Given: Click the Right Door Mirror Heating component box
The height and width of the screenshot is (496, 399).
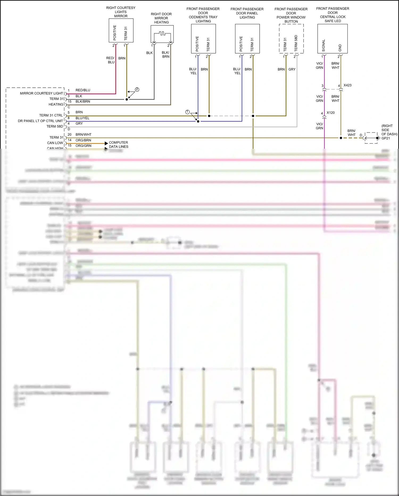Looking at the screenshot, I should (x=162, y=34).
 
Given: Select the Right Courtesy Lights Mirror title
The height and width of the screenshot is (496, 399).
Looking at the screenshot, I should (x=121, y=12).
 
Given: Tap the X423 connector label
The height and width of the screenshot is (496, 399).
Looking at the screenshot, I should (x=347, y=85).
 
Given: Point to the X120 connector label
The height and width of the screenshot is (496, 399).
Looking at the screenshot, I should (x=331, y=113).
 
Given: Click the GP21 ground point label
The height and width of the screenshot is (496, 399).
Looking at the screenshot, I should (x=386, y=138).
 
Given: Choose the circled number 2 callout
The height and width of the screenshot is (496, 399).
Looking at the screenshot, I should (x=137, y=90).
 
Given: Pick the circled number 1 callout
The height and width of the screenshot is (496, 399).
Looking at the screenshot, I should (x=187, y=112).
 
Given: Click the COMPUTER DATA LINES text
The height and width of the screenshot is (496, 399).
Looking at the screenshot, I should (x=119, y=144).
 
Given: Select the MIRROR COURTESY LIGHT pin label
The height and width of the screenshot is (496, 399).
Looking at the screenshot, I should (x=41, y=93).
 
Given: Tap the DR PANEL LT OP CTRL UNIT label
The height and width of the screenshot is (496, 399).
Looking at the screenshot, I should (x=40, y=121).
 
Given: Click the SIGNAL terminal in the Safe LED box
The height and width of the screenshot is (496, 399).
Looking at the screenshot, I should (x=323, y=45).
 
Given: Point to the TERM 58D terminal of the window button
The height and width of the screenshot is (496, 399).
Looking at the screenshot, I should (x=296, y=43).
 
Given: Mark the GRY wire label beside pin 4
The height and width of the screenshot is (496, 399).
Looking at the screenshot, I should (x=79, y=124).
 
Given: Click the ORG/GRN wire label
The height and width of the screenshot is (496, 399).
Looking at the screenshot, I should (x=83, y=146).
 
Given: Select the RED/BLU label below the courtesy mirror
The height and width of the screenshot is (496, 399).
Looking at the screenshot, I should (x=111, y=60).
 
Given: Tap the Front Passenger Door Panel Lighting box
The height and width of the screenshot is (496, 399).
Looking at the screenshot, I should (x=247, y=39).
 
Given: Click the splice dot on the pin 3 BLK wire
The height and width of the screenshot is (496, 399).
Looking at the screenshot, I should (x=127, y=99).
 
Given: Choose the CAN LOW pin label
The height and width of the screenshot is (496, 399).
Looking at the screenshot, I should (x=55, y=143).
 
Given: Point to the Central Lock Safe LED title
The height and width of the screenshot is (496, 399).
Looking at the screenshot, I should (x=332, y=15).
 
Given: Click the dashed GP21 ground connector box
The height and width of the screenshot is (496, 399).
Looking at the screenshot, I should (x=371, y=138).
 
